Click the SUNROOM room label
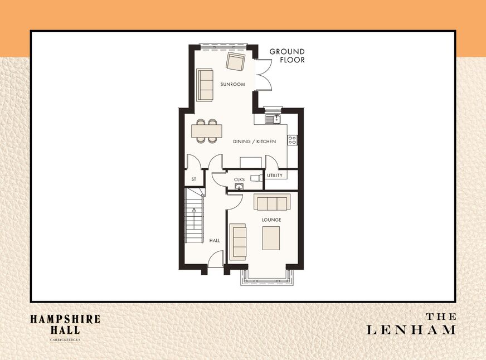click(x=232, y=84)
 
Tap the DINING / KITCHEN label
click(x=255, y=142)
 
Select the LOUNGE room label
click(x=271, y=220)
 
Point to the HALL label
click(x=215, y=240)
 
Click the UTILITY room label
click(x=275, y=176)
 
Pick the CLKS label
click(x=239, y=179)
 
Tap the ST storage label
click(x=194, y=179)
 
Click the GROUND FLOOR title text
click(x=287, y=56)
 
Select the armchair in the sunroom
click(x=236, y=61)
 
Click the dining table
click(x=207, y=131)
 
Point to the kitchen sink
click(x=273, y=119)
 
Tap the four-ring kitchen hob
click(x=292, y=140)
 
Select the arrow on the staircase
click(x=194, y=218)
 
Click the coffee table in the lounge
click(x=271, y=238)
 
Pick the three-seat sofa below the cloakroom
click(x=272, y=202)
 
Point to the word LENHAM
click(x=411, y=330)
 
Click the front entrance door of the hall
click(x=216, y=259)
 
